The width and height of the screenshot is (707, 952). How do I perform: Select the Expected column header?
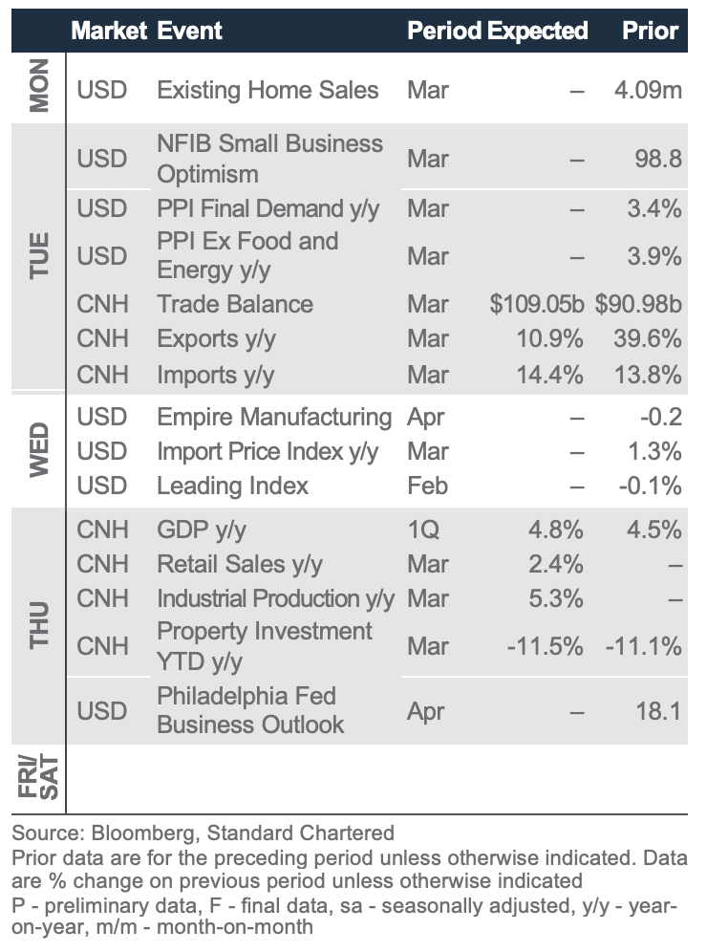(x=538, y=31)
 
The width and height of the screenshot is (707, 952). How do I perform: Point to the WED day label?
(x=38, y=451)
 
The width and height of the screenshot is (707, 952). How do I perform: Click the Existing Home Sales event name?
(x=268, y=91)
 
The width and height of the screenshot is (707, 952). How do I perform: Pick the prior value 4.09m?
(x=648, y=91)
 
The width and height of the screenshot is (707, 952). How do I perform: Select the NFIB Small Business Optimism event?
(x=269, y=159)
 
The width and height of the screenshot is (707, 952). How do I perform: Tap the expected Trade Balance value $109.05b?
(x=536, y=305)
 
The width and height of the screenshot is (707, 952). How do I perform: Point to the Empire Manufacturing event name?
(x=274, y=418)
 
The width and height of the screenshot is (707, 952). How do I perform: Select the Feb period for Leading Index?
(x=427, y=486)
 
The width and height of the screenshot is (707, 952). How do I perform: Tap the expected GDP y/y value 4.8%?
(x=555, y=530)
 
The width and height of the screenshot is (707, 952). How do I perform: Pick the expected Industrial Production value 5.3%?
(x=555, y=599)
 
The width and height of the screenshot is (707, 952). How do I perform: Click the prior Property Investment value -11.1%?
(x=643, y=646)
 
